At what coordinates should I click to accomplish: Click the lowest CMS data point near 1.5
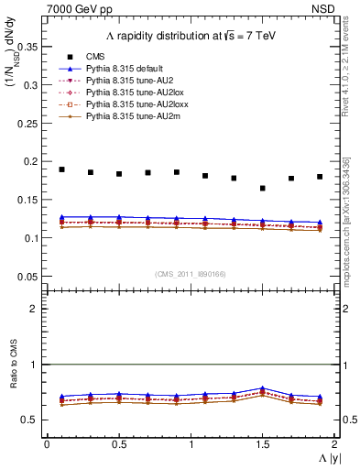click(x=263, y=188)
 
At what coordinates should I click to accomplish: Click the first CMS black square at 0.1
click(x=62, y=169)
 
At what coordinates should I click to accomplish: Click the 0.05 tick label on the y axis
click(x=29, y=276)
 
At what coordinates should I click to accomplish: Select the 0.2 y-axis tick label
click(x=32, y=161)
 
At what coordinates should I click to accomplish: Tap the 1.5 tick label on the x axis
click(x=263, y=444)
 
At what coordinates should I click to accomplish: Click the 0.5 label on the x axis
click(x=118, y=444)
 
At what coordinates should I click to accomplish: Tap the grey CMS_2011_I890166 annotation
click(x=191, y=272)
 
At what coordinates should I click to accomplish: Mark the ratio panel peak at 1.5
click(x=263, y=388)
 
